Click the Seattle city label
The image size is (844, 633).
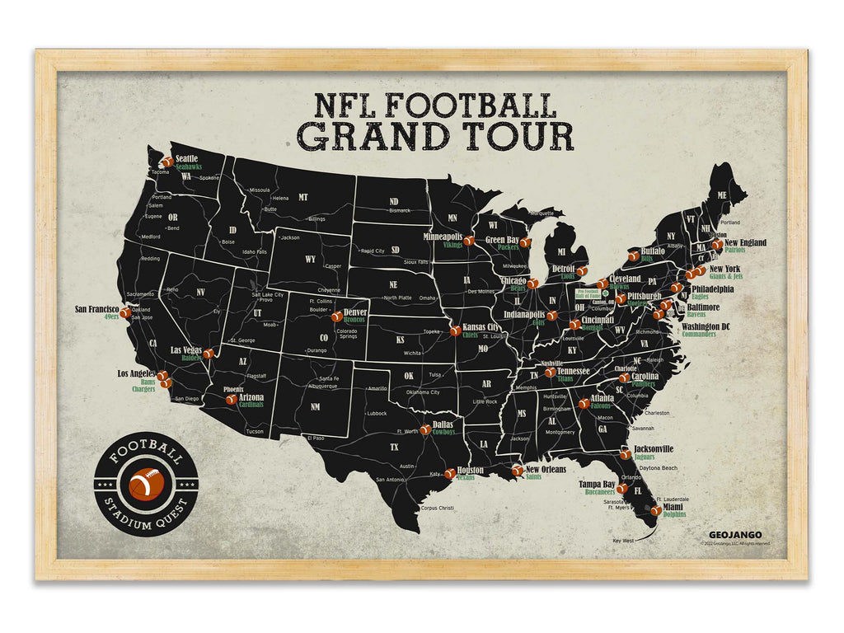[x=188, y=158]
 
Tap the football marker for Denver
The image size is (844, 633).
[x=336, y=316]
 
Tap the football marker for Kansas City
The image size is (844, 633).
[x=454, y=331]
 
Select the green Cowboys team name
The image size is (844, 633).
[x=443, y=432]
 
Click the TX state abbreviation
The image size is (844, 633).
[x=393, y=448]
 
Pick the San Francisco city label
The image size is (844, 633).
[x=97, y=310]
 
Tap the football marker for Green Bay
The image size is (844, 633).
[x=524, y=243]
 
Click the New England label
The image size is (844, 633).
[x=745, y=242]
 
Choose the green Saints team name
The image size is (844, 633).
[x=534, y=476]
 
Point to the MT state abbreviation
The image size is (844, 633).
[x=302, y=198]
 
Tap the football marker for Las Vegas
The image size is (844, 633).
[x=209, y=354]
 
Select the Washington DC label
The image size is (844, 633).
[x=706, y=326]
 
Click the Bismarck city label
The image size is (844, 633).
[x=399, y=210]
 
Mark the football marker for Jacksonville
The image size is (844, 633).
[x=625, y=453]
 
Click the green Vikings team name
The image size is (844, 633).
[x=452, y=245]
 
